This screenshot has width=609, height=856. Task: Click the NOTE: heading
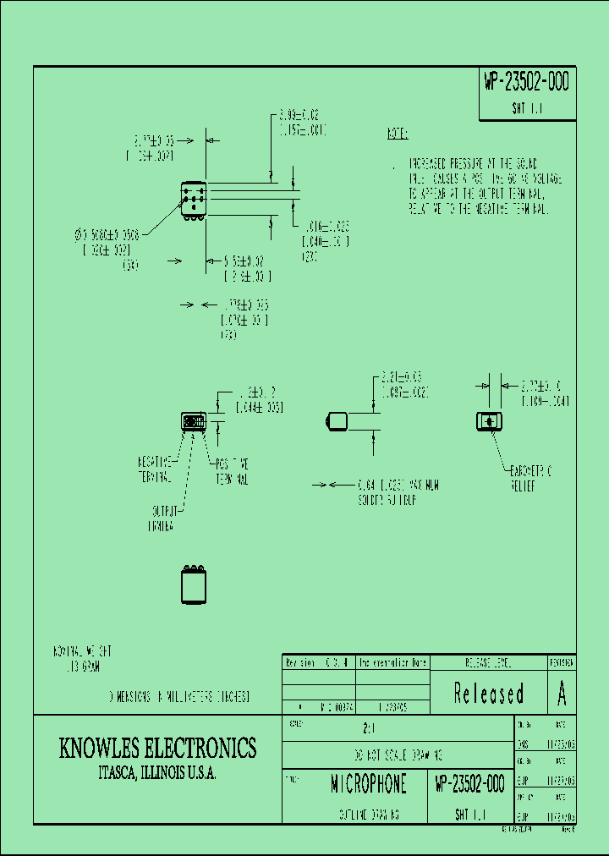click(398, 134)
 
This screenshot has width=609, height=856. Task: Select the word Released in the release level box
click(489, 694)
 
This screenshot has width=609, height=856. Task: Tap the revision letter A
click(562, 694)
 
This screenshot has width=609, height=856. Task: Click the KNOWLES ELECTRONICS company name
click(157, 748)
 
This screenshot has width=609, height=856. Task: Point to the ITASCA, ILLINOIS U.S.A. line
click(157, 774)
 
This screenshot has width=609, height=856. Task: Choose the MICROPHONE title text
click(368, 784)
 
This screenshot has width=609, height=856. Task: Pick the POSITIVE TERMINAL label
click(231, 470)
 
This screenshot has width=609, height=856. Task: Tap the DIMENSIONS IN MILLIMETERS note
click(179, 698)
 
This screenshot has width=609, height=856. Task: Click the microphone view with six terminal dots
click(194, 201)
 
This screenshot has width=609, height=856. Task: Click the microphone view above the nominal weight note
click(194, 584)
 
